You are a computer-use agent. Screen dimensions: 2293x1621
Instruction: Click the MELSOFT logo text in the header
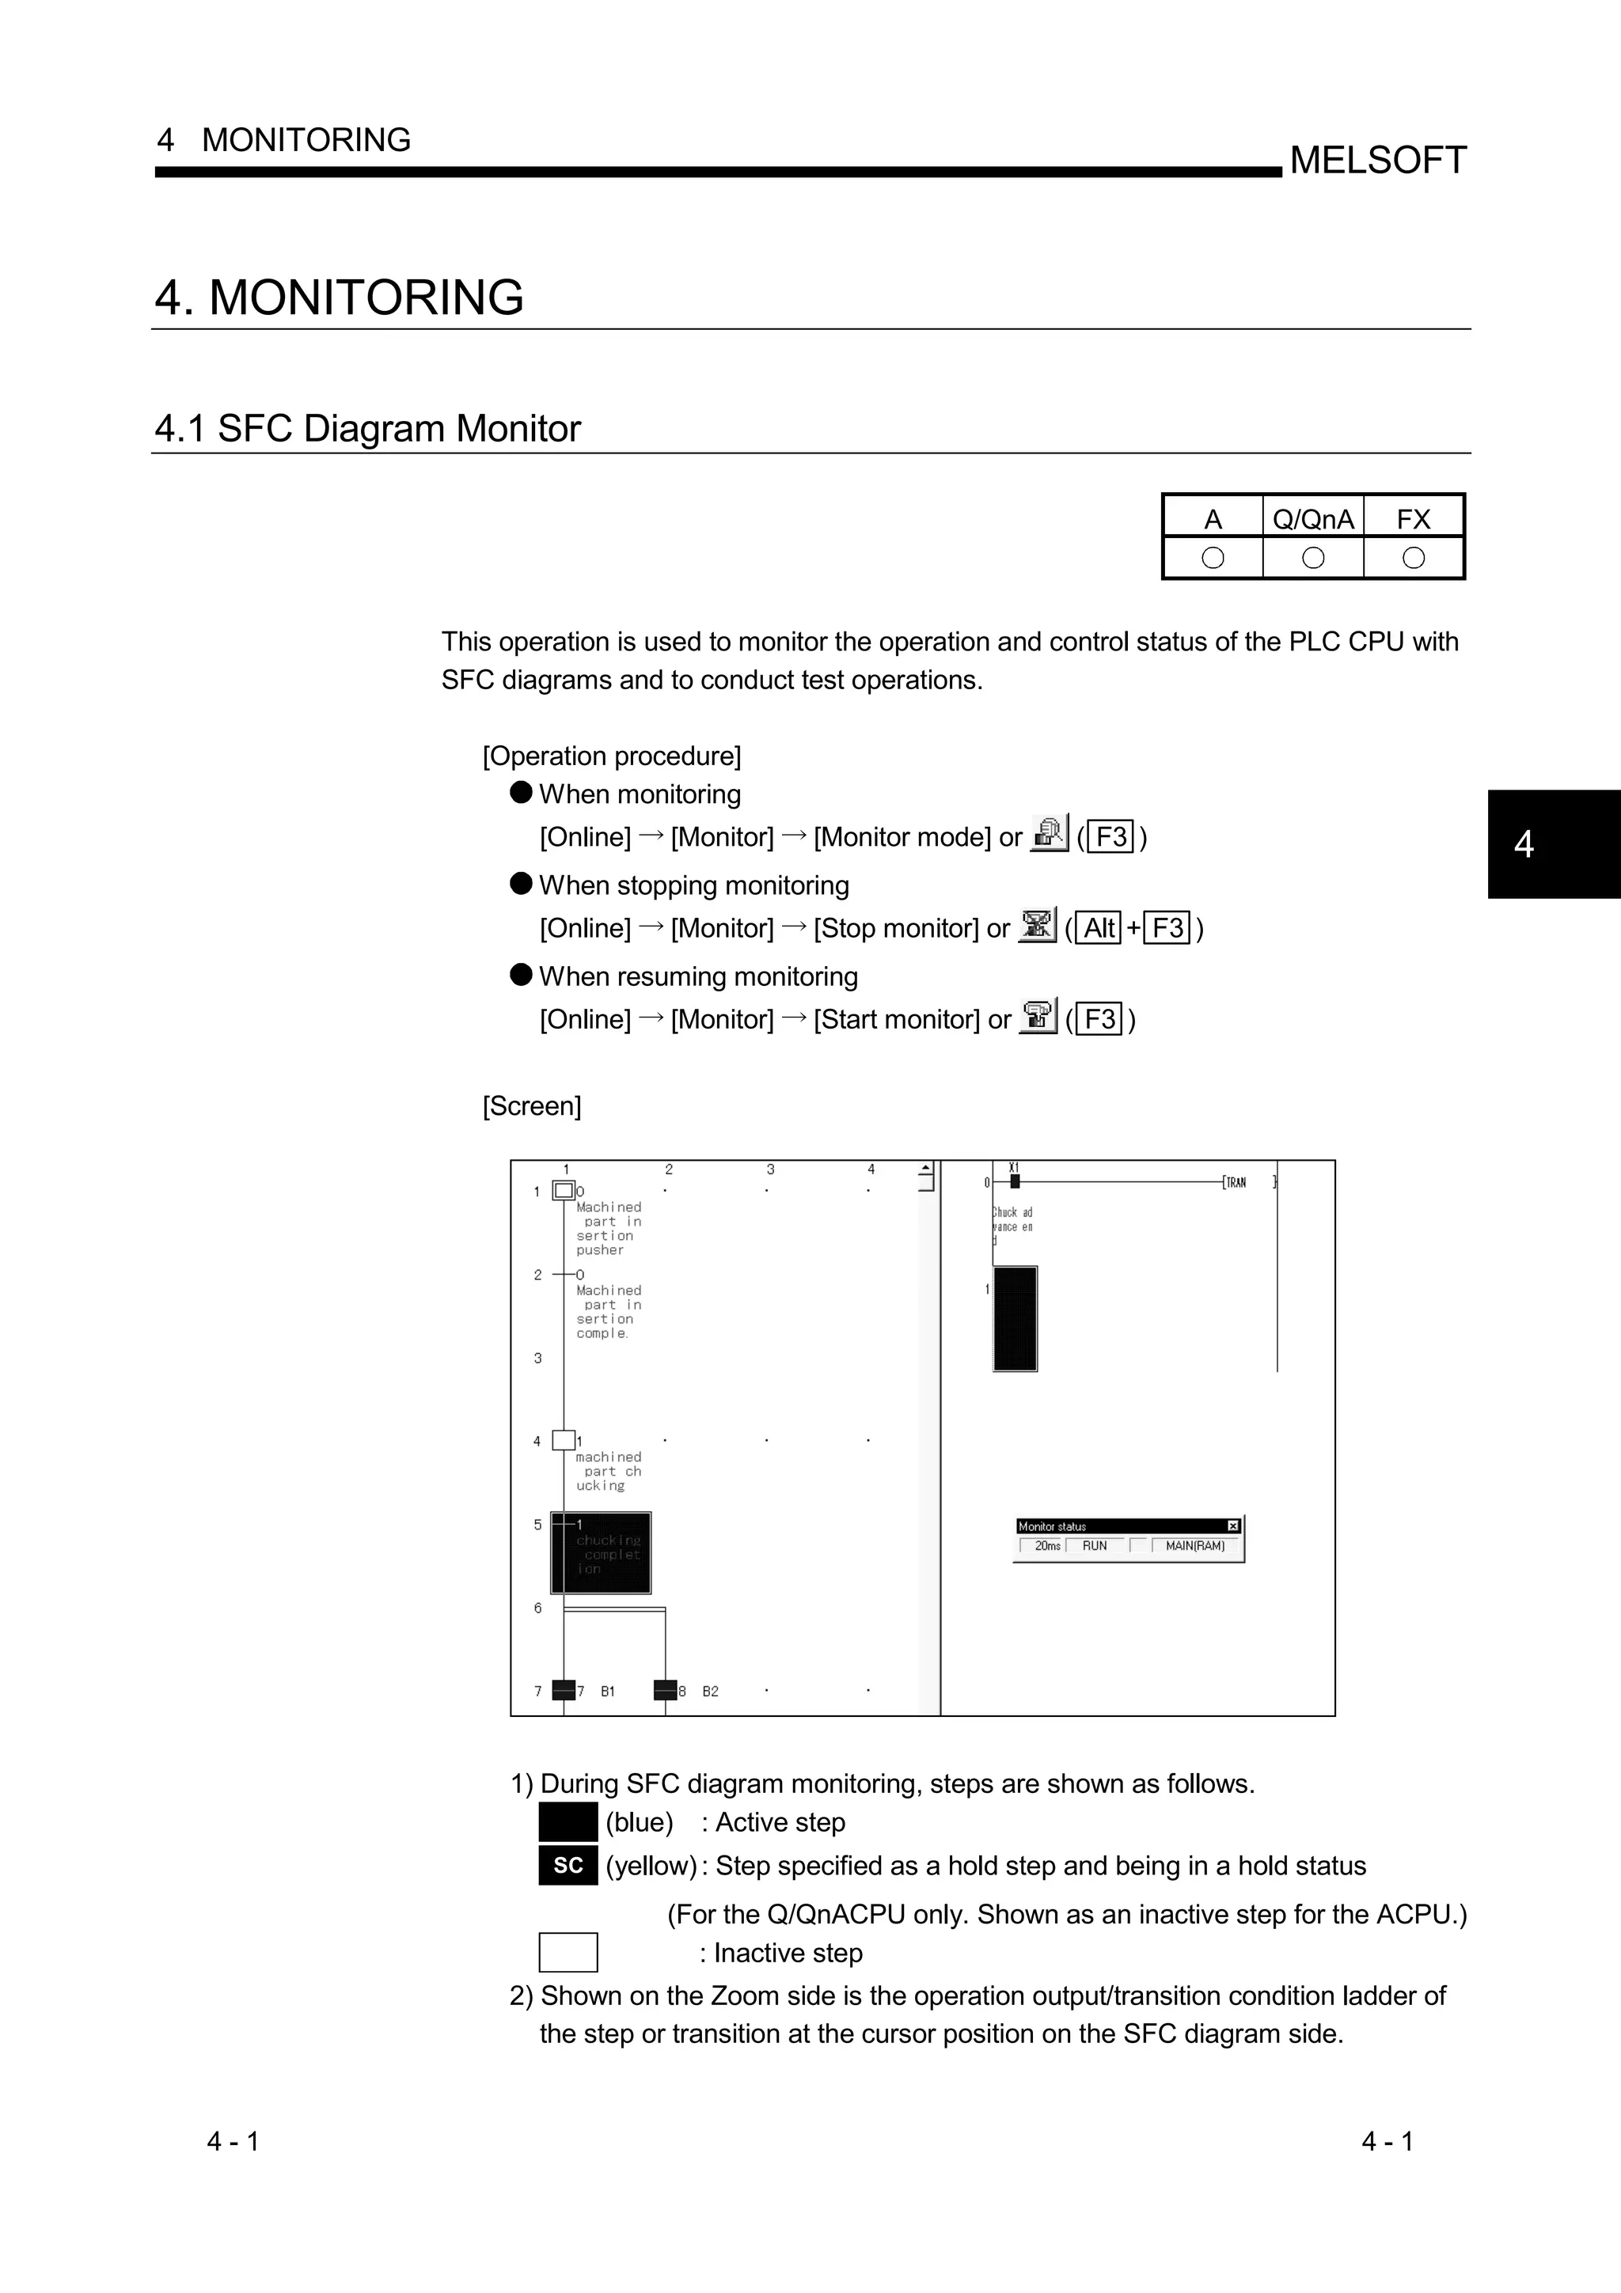[1377, 160]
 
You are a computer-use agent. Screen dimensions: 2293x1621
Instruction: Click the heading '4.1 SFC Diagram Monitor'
[366, 428]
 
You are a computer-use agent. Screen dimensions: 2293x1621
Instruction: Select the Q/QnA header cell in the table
[1312, 519]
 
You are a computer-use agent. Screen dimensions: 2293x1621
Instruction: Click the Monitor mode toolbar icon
[1049, 833]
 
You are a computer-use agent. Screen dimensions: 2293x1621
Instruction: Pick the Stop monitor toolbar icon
[1037, 925]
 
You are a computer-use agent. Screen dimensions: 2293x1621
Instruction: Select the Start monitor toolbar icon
[1038, 1016]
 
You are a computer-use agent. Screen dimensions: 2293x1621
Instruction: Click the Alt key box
[1099, 928]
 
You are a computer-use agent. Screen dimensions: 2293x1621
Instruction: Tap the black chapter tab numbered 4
[1553, 844]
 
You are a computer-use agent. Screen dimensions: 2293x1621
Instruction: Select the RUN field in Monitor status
[1095, 1546]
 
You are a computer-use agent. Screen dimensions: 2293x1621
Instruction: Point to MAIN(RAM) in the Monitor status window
[1194, 1546]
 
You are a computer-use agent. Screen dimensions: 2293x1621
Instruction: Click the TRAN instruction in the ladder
[1236, 1182]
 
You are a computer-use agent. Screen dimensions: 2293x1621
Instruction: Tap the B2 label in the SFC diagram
[710, 1692]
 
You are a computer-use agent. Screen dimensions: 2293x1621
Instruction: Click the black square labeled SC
[568, 1866]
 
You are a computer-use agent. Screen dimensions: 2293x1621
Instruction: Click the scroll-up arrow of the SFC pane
[926, 1169]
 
